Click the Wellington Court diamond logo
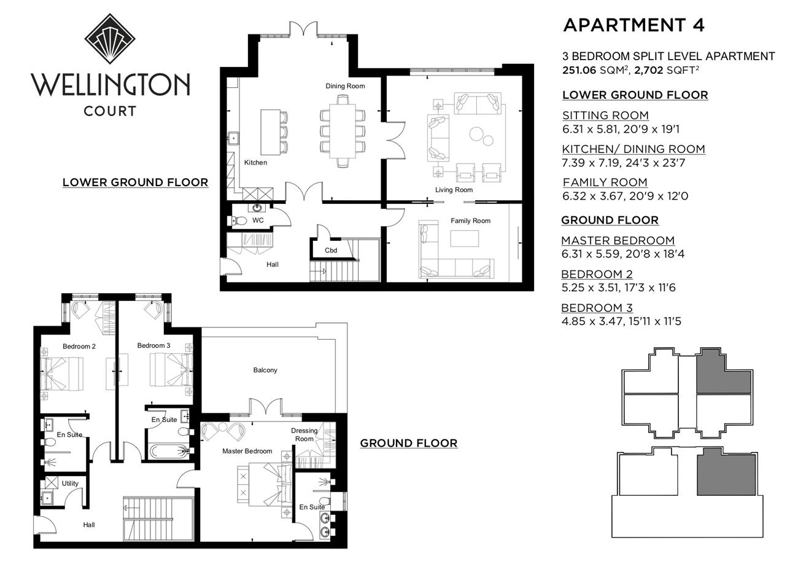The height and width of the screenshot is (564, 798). pos(110,39)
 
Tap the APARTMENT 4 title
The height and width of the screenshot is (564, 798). pos(633,25)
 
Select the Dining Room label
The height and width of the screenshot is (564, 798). pos(345,86)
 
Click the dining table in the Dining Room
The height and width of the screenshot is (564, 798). pos(343,131)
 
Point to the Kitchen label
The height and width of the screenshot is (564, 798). pos(255,163)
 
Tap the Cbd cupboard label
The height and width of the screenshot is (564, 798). pos(331,250)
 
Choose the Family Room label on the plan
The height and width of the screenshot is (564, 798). pos(470,221)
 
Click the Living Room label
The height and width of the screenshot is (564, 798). pos(454,190)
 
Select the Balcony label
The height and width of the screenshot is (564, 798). pos(265,370)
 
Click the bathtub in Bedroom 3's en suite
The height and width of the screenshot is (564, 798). pos(168,451)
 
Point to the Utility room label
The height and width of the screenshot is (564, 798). pos(70,484)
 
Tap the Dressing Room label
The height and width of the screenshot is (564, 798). pos(304,434)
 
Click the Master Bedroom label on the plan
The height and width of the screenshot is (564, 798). pos(247,451)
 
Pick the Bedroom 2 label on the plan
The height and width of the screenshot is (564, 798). pos(79,346)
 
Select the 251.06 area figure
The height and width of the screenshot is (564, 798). pos(579,70)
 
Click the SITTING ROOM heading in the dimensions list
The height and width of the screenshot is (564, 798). pos(605,116)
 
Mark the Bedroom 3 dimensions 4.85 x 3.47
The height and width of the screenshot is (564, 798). pos(597,321)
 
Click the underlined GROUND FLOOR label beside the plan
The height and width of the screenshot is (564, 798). pos(409,443)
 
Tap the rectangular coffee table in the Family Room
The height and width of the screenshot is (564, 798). pos(464,238)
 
